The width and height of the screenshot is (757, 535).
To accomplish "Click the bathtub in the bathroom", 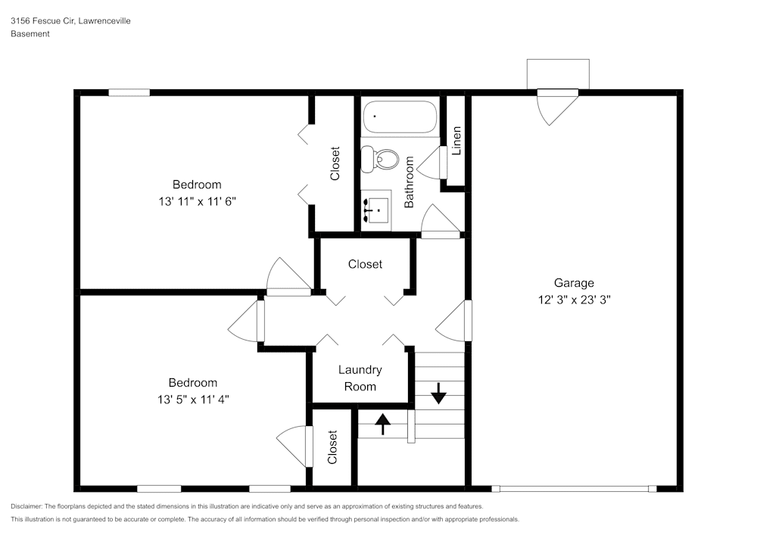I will point(400,117).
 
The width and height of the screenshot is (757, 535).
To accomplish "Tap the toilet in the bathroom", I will point(380,160).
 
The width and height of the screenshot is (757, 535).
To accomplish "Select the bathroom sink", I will point(375,208).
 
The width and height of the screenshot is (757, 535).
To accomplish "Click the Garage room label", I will point(574,283).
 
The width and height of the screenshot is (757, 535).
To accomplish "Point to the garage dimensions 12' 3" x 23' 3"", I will point(574,299).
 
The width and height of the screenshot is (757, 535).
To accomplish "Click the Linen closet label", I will point(456,141).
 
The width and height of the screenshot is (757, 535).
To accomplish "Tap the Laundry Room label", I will point(360,378).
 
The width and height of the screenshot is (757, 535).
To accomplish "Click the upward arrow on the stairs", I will point(383,424).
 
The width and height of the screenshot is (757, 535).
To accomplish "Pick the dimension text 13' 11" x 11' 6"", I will point(197,201).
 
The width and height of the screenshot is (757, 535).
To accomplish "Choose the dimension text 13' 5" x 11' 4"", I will point(194,399).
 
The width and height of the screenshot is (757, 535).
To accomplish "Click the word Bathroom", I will point(410,182).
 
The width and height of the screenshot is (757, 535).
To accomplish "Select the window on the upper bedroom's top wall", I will point(129,93).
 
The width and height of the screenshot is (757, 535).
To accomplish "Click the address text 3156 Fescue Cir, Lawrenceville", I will point(70,21).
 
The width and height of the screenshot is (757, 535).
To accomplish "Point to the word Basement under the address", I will point(30,34).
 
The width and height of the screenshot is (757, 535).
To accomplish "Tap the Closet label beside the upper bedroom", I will point(335,163).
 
